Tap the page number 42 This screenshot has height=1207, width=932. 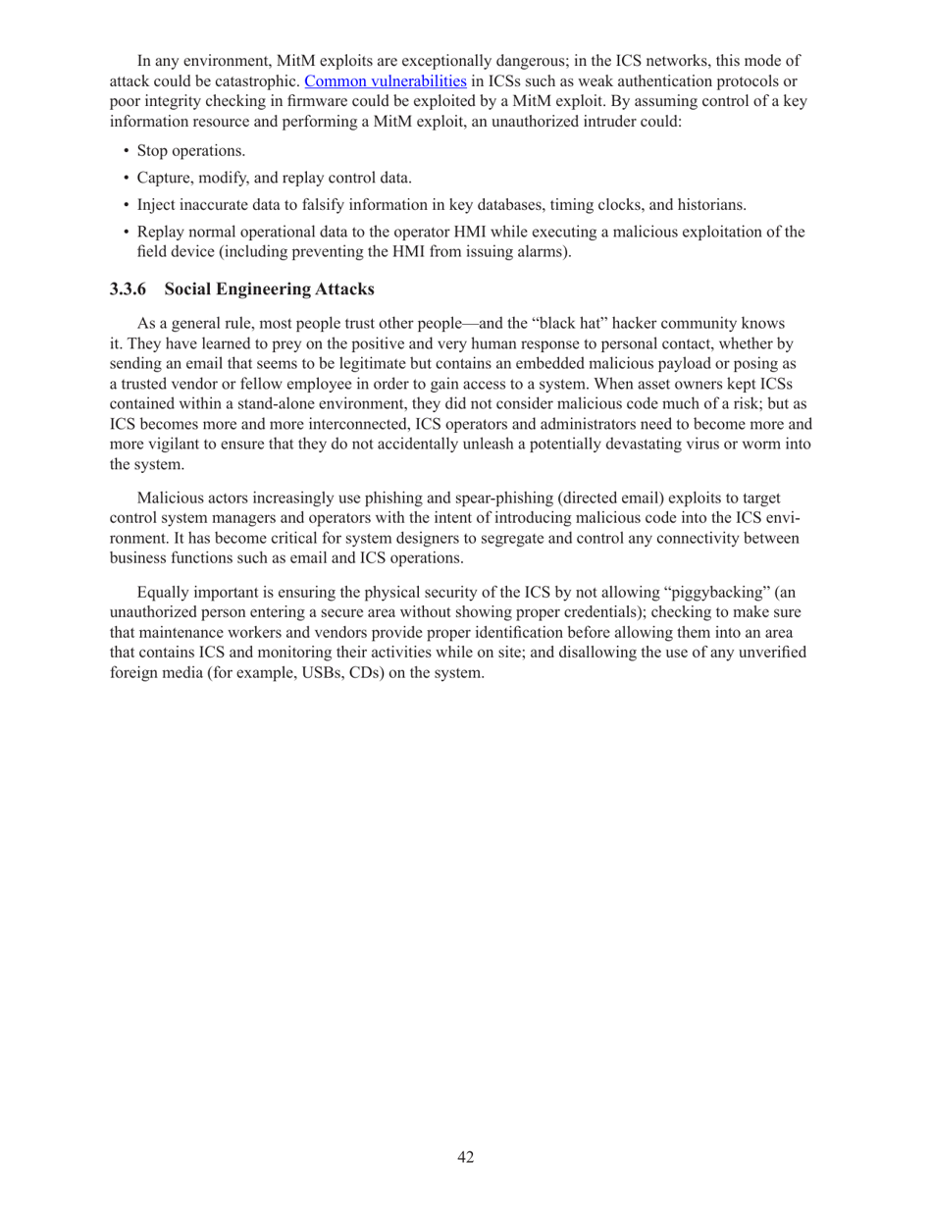(466, 1157)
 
